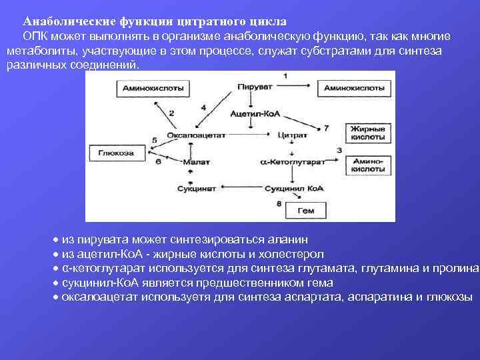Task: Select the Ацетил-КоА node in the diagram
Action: pyautogui.click(x=254, y=113)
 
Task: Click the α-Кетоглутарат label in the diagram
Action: pyautogui.click(x=294, y=162)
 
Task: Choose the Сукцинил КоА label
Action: pyautogui.click(x=297, y=189)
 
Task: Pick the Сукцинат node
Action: pyautogui.click(x=197, y=189)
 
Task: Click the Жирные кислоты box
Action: pyautogui.click(x=364, y=132)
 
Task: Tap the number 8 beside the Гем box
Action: pyautogui.click(x=278, y=202)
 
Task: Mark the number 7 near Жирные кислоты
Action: pyautogui.click(x=326, y=127)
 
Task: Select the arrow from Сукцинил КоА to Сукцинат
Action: pyautogui.click(x=247, y=189)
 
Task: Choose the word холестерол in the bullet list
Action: pyautogui.click(x=292, y=254)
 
